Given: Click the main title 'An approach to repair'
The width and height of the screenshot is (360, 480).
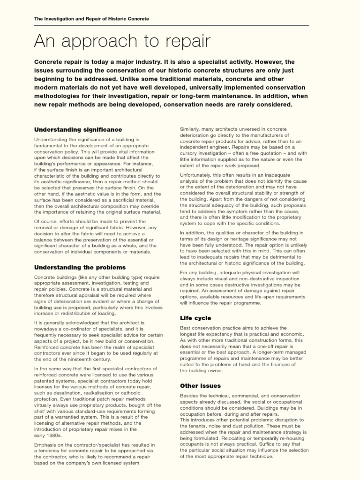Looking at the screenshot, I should [x=122, y=42].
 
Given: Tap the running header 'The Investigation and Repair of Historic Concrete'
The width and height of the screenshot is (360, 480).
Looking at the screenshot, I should [x=91, y=19].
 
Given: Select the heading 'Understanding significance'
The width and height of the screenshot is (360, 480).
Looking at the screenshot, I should [x=78, y=129].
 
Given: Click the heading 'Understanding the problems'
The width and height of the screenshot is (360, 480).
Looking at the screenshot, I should [x=80, y=267].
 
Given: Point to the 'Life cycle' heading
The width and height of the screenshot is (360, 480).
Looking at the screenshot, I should [x=195, y=318].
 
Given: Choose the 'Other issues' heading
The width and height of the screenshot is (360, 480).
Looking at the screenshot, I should [x=201, y=386].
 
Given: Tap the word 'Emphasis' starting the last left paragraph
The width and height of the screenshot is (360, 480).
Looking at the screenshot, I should [x=47, y=443].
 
